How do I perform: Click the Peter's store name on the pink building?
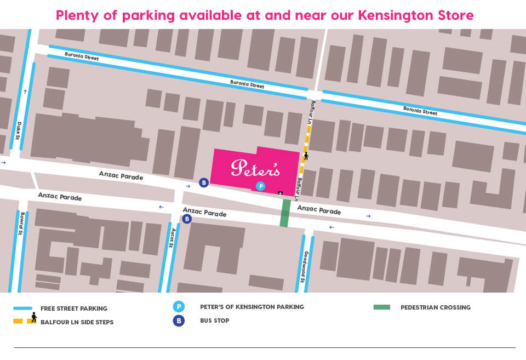coord(255,168)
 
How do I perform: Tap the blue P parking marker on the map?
coord(261,186)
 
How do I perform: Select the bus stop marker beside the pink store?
coord(204,182)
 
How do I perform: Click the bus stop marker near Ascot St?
coord(187,219)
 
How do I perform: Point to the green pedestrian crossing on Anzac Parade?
coord(285,213)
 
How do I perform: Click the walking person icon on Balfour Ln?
coord(306,156)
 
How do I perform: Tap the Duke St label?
coord(19,130)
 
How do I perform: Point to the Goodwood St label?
coord(302,267)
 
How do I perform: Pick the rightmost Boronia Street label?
coord(420,110)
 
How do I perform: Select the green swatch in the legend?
coord(381,307)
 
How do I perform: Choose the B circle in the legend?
coord(179,321)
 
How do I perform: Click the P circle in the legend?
coord(179,307)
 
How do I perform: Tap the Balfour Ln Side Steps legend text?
coord(77,322)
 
